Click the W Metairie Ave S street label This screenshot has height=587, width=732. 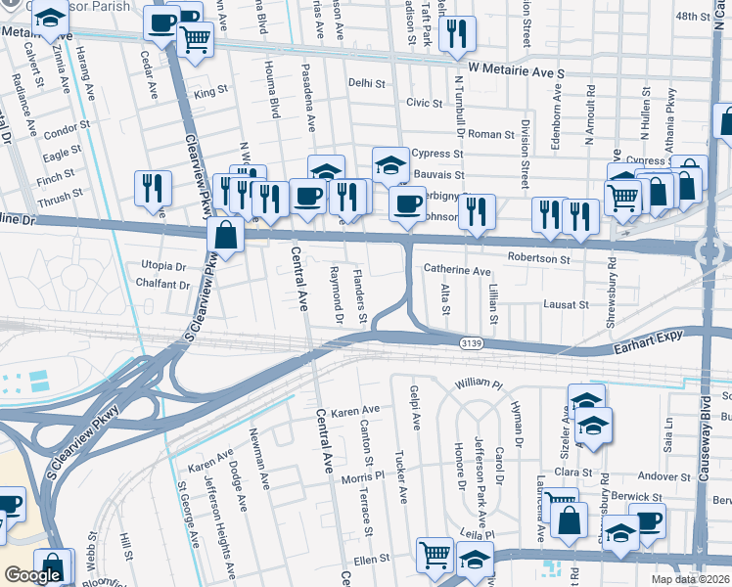(x=517, y=72)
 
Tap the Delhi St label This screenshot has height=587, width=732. (x=368, y=84)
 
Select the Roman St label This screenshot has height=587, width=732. (x=491, y=134)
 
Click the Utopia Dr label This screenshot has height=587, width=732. (x=163, y=266)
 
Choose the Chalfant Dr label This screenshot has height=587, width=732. (x=164, y=285)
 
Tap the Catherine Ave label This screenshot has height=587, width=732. (x=457, y=270)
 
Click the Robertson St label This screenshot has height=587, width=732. (x=538, y=259)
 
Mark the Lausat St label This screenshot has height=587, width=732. (x=567, y=305)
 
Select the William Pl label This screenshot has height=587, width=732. (x=478, y=383)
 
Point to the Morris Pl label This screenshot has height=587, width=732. (x=363, y=477)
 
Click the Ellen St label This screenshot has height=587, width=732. (x=372, y=560)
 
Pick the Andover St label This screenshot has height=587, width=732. (x=664, y=477)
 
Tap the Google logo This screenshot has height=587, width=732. (x=33, y=576)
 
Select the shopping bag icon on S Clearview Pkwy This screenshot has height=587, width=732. (x=225, y=236)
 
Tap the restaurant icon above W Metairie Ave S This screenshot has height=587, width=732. (x=457, y=35)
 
